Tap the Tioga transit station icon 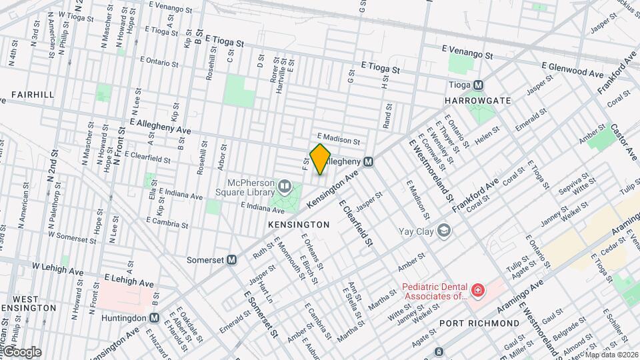[x=477, y=85]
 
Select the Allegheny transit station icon [x=368, y=162]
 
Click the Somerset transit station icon [x=232, y=260]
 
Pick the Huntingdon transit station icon [x=154, y=318]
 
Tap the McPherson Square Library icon [x=285, y=185]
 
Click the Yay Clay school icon [x=444, y=231]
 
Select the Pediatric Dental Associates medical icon [x=477, y=290]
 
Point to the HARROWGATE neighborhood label [x=477, y=101]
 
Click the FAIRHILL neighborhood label [x=32, y=95]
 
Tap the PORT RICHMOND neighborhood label [x=479, y=323]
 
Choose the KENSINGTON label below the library [x=299, y=225]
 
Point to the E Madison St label [x=338, y=141]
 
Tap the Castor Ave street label [x=625, y=141]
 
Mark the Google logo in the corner [x=23, y=351]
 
